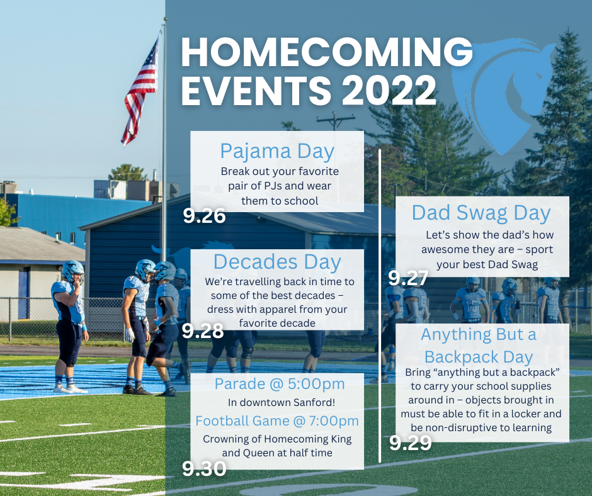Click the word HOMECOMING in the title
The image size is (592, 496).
pos(327,52)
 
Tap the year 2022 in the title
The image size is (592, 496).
pos(389,90)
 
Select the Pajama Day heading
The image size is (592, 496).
pos(277,152)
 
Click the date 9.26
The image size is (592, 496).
pos(204,216)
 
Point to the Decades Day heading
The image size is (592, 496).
pos(277,262)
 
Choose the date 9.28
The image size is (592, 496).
pos(203,331)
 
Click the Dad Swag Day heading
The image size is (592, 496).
pos(481,213)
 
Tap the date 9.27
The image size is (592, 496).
pos(408,278)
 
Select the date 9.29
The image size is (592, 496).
pos(411,442)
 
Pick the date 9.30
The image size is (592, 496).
pos(204,468)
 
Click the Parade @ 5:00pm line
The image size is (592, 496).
pos(280,384)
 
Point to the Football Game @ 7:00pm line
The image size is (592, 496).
pos(277,421)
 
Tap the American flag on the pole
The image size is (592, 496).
pos(140,93)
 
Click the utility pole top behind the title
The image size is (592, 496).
pos(335,120)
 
